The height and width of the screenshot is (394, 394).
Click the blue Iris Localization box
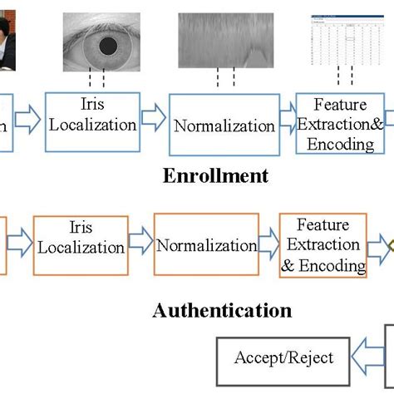click(x=92, y=122)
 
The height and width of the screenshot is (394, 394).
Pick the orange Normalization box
click(x=206, y=245)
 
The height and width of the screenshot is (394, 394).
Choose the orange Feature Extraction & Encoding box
click(x=323, y=245)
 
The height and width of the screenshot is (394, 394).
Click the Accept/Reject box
click(x=283, y=358)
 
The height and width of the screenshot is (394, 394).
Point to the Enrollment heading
click(x=216, y=176)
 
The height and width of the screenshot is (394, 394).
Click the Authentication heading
click(x=223, y=311)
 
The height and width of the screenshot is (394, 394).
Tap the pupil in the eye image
click(x=107, y=47)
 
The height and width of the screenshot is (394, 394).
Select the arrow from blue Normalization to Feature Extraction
click(x=286, y=121)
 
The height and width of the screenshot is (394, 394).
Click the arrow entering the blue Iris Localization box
click(x=28, y=120)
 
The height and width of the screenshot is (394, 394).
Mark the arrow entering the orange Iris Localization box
click(x=19, y=242)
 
